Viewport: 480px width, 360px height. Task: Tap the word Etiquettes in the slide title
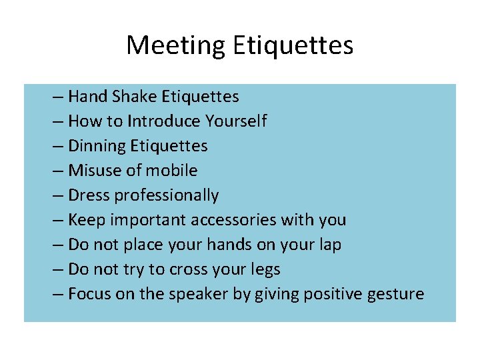293,45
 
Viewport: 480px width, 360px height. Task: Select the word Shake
134,97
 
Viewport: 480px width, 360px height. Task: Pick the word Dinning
97,146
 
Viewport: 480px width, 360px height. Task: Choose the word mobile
172,171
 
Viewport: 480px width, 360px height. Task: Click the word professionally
167,195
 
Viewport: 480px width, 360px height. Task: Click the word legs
264,269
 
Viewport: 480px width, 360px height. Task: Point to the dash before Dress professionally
57,196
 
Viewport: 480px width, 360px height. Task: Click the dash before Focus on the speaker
57,295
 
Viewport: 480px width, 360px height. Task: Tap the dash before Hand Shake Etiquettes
57,97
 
